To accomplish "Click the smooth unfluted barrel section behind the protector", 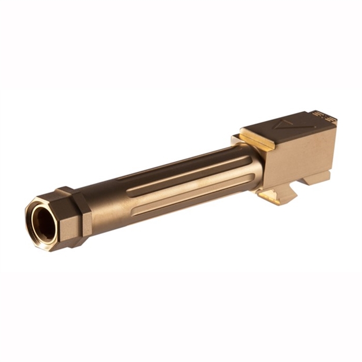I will click(107, 197).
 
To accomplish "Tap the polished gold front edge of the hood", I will click(255, 139).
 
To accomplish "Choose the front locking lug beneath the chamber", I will click(278, 194).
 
